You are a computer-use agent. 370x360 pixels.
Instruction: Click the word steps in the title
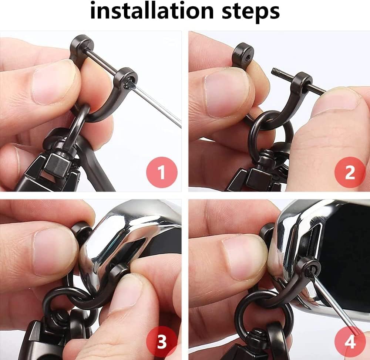point(251,12)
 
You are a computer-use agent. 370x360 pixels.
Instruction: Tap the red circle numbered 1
point(162,172)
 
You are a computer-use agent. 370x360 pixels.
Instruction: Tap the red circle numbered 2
point(350,172)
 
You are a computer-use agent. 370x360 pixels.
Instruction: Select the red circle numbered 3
point(162,341)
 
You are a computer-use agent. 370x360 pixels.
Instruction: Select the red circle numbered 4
point(350,341)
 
